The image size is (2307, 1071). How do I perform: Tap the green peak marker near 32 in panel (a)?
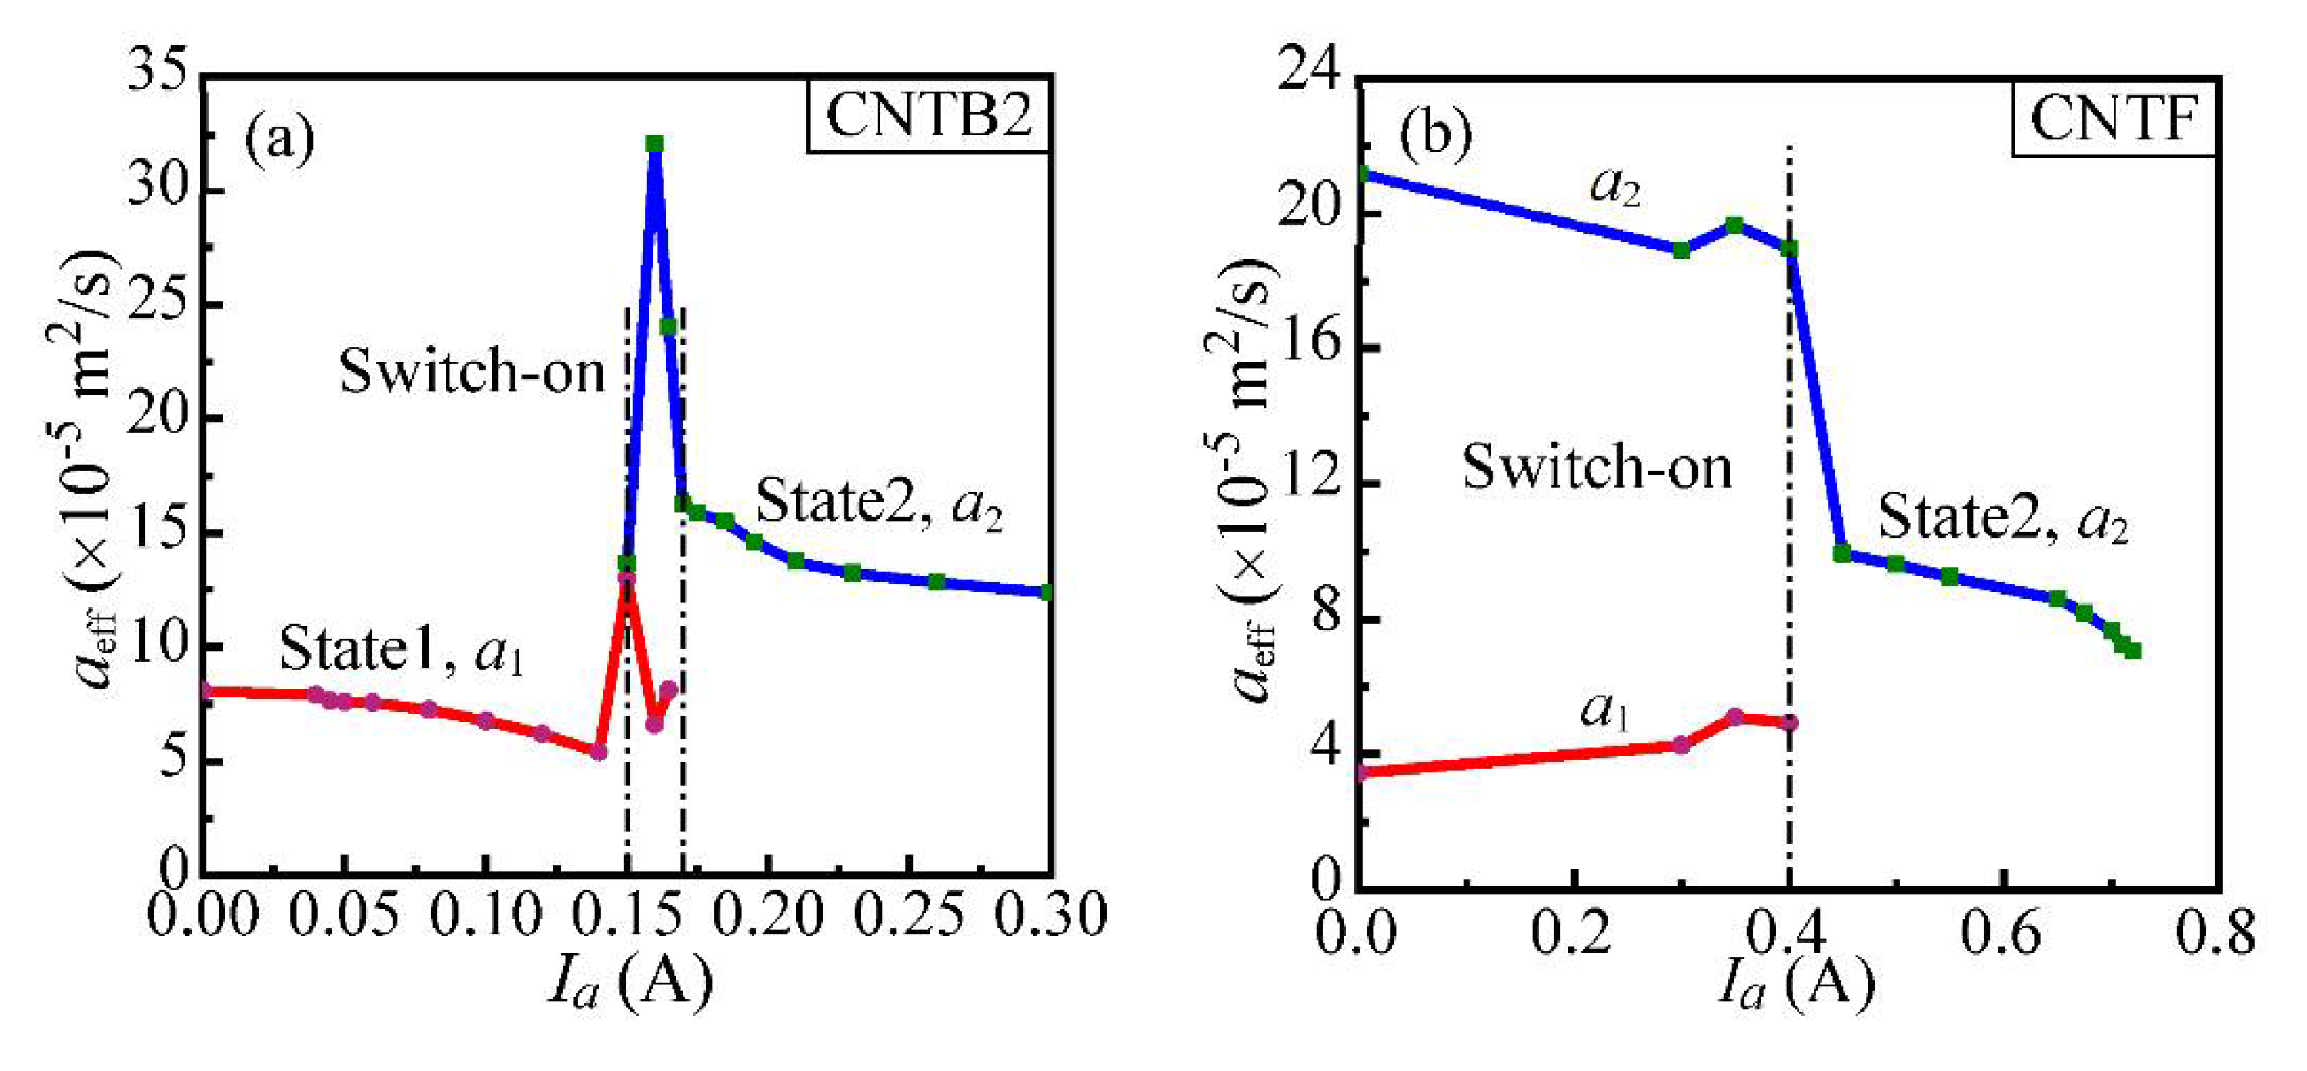pyautogui.click(x=655, y=144)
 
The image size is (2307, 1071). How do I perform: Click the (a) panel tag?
pyautogui.click(x=279, y=138)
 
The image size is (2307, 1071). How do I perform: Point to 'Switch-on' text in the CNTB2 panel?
pyautogui.click(x=472, y=371)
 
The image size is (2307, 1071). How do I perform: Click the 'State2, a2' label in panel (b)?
pyautogui.click(x=2002, y=519)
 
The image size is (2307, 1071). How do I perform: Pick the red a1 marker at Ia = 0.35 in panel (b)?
pyautogui.click(x=1734, y=716)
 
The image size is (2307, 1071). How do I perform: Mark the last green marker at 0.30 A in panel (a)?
pyautogui.click(x=1048, y=592)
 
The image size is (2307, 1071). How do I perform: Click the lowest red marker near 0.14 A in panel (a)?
pyautogui.click(x=598, y=752)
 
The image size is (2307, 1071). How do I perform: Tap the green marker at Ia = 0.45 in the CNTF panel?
pyautogui.click(x=1842, y=553)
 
